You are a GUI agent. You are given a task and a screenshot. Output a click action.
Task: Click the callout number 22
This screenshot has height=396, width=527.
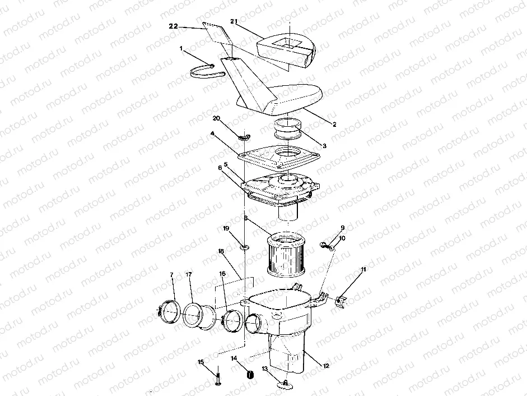(x=173, y=26)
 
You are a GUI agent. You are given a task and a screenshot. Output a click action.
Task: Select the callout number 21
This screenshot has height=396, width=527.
(x=234, y=21)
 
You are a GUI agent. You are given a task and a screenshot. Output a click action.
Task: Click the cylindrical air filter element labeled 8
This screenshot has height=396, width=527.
(x=287, y=256)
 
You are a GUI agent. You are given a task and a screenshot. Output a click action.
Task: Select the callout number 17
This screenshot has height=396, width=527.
(x=189, y=274)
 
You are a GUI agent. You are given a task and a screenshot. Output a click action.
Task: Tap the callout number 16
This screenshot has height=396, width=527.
(x=222, y=273)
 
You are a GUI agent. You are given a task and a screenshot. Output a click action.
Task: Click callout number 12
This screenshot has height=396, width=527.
(x=326, y=365)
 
